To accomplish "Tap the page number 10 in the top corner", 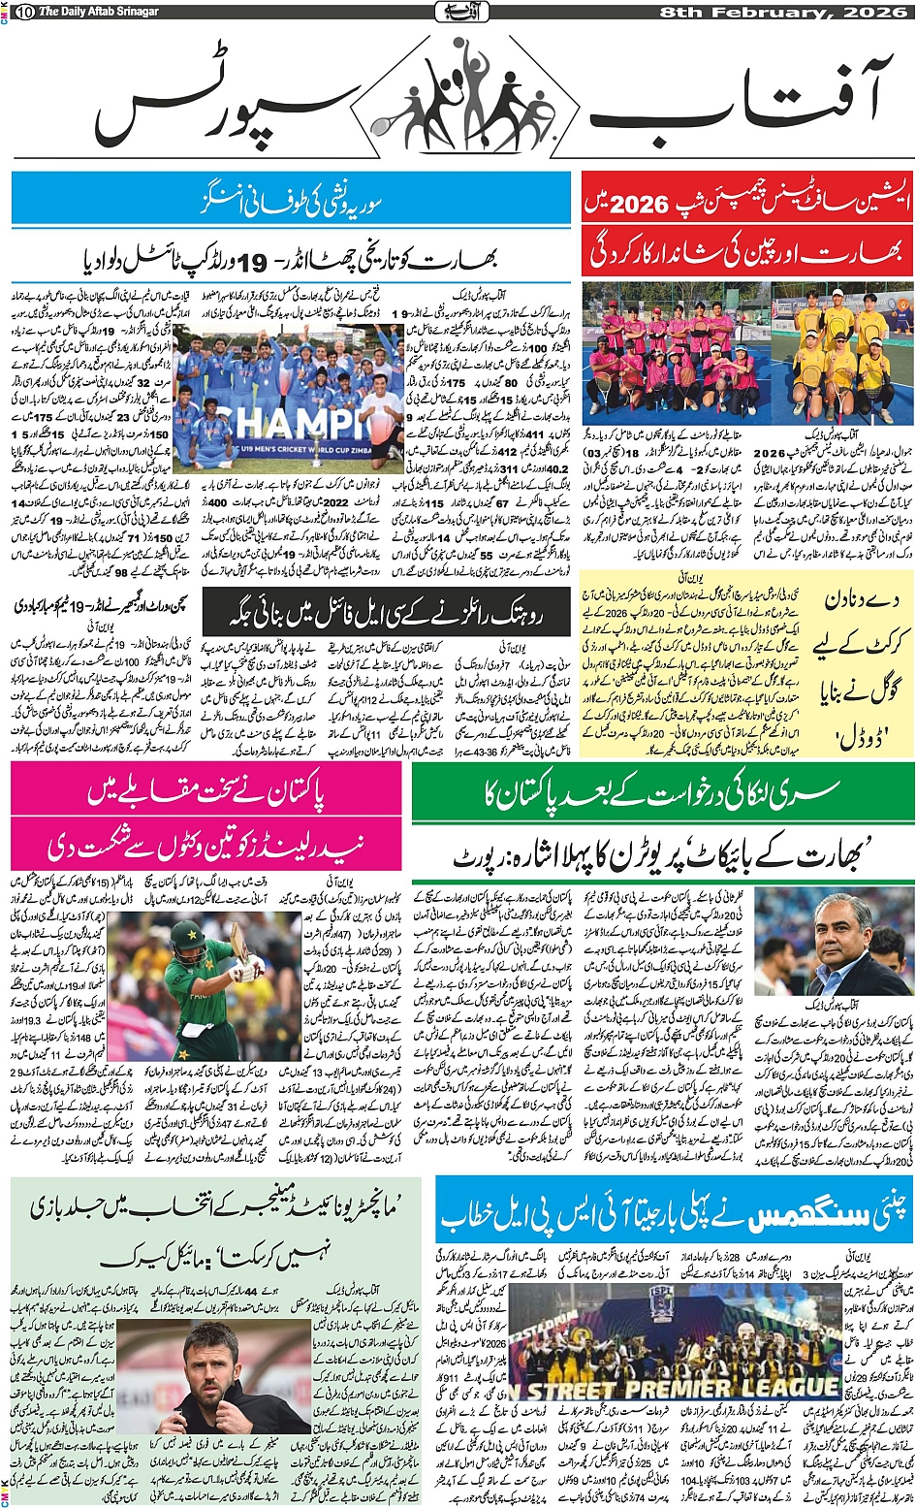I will (x=24, y=12).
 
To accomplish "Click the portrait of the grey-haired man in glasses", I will (x=834, y=945).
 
